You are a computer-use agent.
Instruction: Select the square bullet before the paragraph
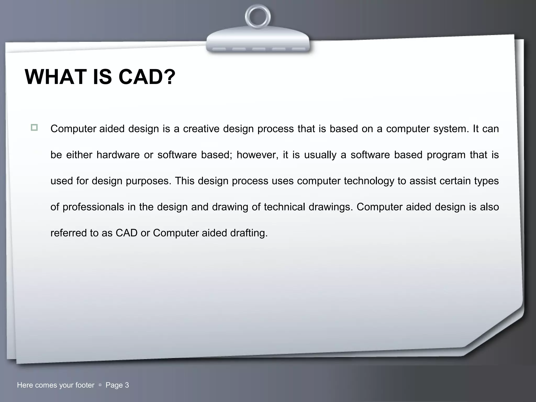[x=34, y=128]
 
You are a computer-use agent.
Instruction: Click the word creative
[x=201, y=129]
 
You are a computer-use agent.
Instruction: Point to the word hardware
[x=118, y=155]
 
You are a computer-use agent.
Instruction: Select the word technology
[x=369, y=181]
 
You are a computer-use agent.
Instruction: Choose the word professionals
[x=93, y=207]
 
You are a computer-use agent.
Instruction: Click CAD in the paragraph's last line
[x=126, y=233]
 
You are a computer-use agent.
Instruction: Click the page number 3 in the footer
[x=127, y=385]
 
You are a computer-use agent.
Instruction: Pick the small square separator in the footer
[x=100, y=385]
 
